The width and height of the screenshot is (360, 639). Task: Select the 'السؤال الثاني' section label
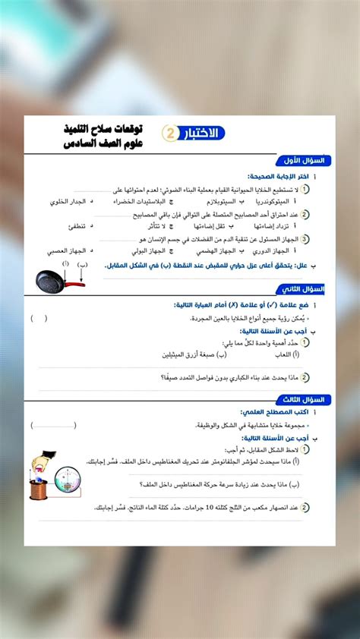(x=303, y=289)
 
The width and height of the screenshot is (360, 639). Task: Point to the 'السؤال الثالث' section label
(x=303, y=399)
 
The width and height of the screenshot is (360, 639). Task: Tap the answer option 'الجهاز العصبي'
(x=64, y=250)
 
